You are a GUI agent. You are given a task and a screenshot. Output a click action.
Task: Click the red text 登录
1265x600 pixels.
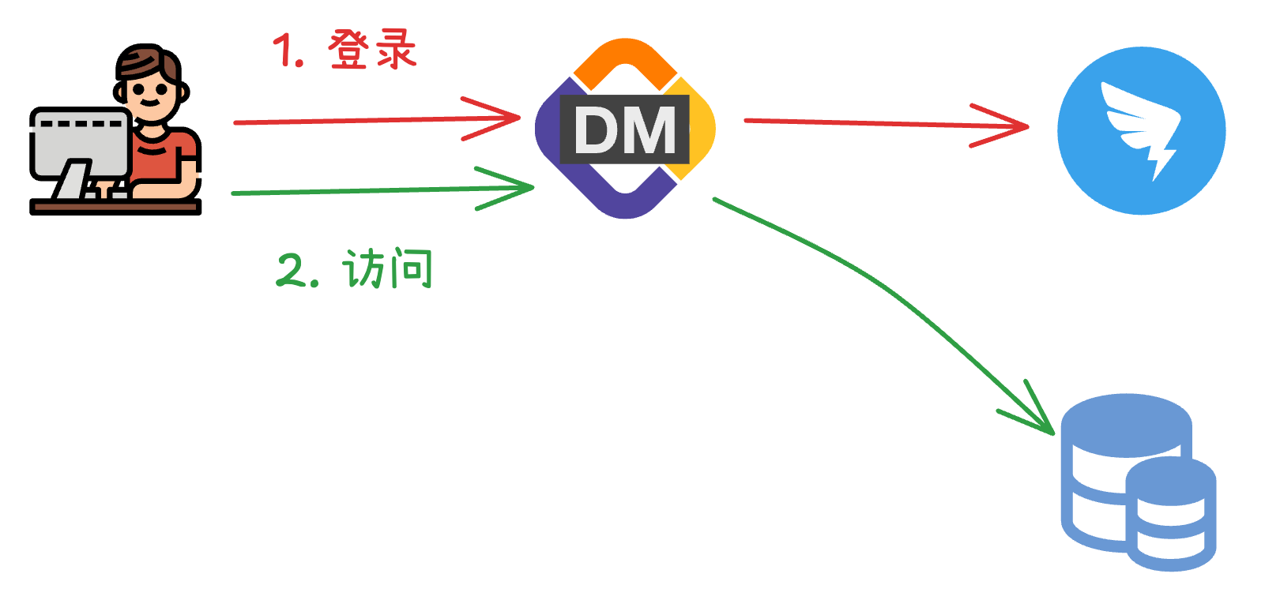(371, 50)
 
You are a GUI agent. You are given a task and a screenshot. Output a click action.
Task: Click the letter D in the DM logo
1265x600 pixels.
(597, 130)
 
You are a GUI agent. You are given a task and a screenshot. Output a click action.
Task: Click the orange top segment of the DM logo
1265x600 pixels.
(624, 55)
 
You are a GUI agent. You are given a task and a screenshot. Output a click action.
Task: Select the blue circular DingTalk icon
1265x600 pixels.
(1141, 130)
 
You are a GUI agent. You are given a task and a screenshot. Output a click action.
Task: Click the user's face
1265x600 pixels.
(149, 93)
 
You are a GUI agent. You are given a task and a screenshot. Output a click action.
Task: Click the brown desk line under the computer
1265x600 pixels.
(115, 206)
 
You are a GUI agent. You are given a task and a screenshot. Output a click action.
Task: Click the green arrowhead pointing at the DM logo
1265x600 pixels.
(521, 187)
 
